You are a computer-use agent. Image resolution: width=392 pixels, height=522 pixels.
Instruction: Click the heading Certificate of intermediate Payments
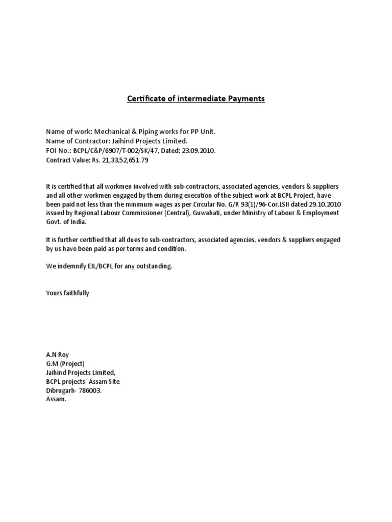(196, 98)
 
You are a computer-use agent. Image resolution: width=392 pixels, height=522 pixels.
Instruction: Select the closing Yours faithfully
(67, 293)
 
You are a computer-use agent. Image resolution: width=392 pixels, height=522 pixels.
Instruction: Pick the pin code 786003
(90, 390)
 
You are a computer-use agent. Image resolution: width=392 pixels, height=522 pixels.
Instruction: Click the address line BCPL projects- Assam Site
(83, 381)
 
